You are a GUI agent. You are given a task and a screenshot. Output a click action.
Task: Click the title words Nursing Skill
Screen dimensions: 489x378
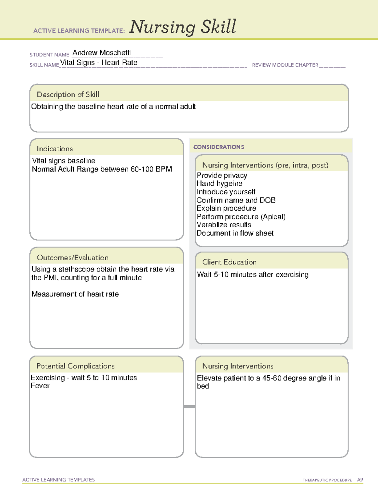click(183, 27)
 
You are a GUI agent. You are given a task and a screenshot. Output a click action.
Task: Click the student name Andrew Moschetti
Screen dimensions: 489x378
click(101, 53)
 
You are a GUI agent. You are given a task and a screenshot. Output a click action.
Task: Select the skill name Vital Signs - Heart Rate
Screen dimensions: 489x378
click(99, 63)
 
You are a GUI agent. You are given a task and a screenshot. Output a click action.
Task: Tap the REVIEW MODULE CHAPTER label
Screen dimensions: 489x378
click(285, 65)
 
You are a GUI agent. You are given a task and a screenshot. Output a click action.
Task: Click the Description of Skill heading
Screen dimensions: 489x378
click(68, 94)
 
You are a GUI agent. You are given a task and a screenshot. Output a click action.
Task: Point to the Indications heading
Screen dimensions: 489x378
click(54, 149)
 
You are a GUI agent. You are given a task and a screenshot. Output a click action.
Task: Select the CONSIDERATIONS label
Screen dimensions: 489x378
click(219, 147)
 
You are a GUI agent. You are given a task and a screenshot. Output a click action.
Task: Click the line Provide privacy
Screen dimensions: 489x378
click(222, 175)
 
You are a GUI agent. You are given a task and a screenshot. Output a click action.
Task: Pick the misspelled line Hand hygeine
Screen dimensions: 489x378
click(219, 184)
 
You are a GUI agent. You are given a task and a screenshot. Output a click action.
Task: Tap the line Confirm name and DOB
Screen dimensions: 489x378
click(236, 200)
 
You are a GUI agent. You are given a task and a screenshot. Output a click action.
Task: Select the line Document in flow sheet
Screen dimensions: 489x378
click(235, 233)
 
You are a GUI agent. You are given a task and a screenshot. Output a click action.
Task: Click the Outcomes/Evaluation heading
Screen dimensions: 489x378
click(72, 258)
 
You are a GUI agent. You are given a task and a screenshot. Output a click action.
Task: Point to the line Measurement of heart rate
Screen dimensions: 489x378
click(75, 294)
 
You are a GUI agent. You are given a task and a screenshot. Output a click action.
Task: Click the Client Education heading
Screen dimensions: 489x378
click(229, 262)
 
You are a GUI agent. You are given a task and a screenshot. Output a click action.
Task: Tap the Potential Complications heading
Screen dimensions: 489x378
click(75, 366)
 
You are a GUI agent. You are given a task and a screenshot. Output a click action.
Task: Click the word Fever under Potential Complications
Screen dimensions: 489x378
click(40, 386)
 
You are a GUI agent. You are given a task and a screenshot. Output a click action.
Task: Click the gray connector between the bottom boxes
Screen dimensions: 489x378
click(189, 407)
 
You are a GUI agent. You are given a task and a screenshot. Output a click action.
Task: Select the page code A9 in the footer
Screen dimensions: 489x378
click(360, 480)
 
